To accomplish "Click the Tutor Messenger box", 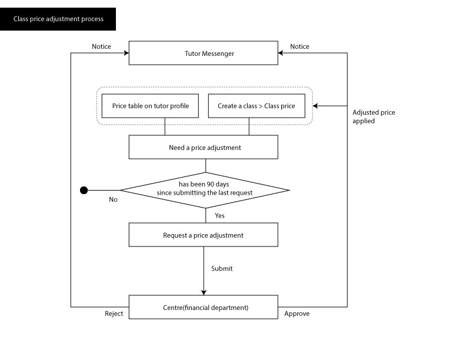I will pyautogui.click(x=204, y=53).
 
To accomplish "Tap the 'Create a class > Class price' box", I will pyautogui.click(x=256, y=106).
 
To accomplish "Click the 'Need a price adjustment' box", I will pyautogui.click(x=204, y=147).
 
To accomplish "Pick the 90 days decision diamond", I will pyautogui.click(x=205, y=190).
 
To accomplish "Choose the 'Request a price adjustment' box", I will pyautogui.click(x=204, y=235).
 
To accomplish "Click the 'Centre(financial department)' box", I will pyautogui.click(x=204, y=307).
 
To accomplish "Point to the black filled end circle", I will pyautogui.click(x=84, y=190).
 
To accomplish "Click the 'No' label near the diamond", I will pyautogui.click(x=113, y=199).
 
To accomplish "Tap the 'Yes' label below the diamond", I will pyautogui.click(x=219, y=216).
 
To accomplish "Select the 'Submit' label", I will pyautogui.click(x=222, y=269).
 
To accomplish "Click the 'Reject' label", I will pyautogui.click(x=114, y=314).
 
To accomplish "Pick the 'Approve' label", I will pyautogui.click(x=297, y=314).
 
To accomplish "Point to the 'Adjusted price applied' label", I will pyautogui.click(x=373, y=116).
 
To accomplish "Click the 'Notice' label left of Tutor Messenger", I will pyautogui.click(x=101, y=46).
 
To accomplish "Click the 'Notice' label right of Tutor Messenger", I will pyautogui.click(x=299, y=46).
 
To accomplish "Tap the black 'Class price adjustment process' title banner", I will pyautogui.click(x=58, y=19).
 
